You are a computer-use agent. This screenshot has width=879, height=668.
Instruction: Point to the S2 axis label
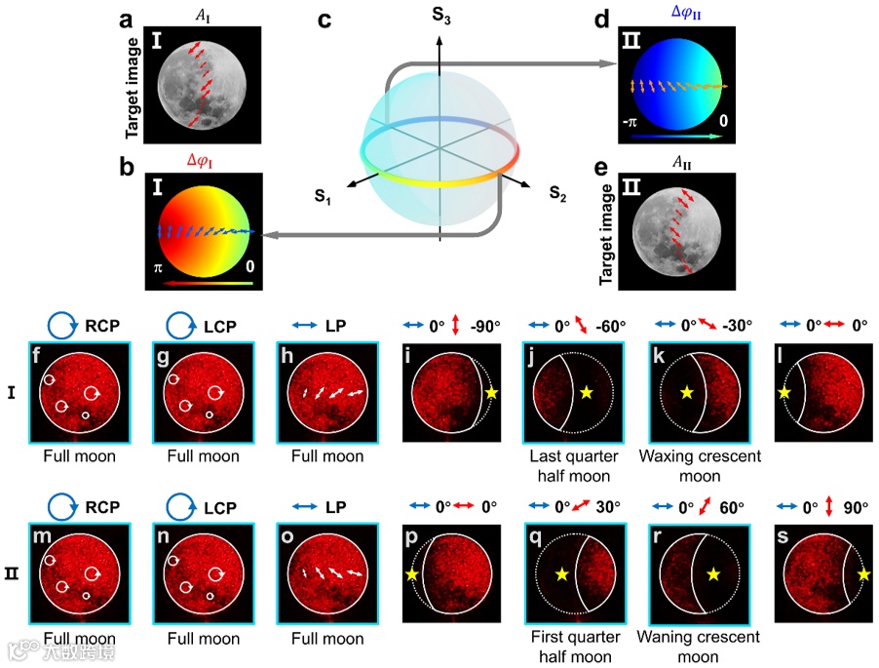click(550, 193)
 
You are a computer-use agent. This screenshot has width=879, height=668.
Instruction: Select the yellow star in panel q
click(562, 575)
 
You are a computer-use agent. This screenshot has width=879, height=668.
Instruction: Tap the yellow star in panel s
click(862, 575)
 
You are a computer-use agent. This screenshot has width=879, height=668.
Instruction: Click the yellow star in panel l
click(783, 391)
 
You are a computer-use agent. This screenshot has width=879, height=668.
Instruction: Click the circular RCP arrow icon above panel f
click(61, 326)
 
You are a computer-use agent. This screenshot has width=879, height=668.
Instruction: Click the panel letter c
click(329, 20)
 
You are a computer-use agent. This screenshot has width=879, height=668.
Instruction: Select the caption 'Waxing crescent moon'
click(697, 465)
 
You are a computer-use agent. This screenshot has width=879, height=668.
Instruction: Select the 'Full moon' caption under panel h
click(326, 456)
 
